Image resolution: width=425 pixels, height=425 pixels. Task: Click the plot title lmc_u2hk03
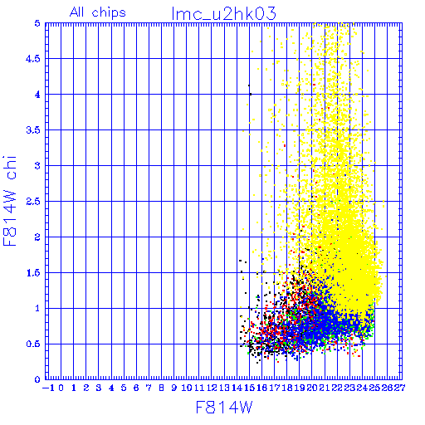223,13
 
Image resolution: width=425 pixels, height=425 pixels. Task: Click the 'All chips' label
98,12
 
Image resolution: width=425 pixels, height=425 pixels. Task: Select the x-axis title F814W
224,408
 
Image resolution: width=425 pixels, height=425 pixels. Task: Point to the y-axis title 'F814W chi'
10,201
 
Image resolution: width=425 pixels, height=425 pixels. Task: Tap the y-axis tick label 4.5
33,59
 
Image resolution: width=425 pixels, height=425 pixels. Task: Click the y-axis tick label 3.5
33,130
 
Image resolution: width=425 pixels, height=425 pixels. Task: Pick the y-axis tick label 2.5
33,202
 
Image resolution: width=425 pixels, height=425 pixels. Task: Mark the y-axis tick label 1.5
33,273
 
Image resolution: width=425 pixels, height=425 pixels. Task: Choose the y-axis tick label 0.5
33,344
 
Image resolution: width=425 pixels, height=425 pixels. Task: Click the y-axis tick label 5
37,23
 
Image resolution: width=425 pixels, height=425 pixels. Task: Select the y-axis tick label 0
37,379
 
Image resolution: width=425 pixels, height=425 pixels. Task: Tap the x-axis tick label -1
48,388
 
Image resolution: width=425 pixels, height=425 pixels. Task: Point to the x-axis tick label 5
124,388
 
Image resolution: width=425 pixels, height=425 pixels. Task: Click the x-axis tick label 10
187,388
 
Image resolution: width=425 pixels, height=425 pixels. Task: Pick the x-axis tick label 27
399,388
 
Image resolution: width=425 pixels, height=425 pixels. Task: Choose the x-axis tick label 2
86,388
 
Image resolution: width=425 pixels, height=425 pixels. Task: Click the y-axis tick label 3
37,166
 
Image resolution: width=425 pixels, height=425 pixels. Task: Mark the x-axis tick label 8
161,388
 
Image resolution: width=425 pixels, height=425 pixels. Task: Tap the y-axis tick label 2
37,237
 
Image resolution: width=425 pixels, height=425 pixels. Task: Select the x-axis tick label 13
224,388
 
